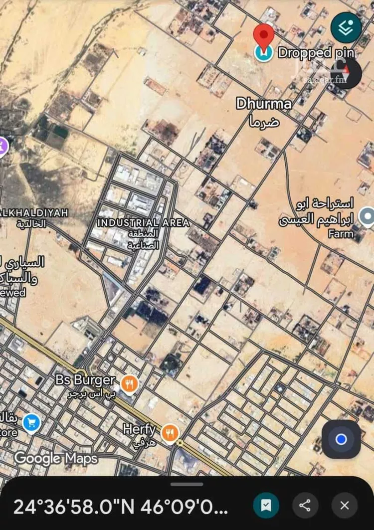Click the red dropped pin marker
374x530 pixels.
pyautogui.click(x=264, y=36)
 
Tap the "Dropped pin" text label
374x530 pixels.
pyautogui.click(x=316, y=53)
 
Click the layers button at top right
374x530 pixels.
pyautogui.click(x=346, y=27)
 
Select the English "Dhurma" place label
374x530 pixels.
pyautogui.click(x=264, y=104)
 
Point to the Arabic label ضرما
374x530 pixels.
pyautogui.click(x=264, y=121)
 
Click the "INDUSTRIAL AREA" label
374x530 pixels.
pyautogui.click(x=143, y=223)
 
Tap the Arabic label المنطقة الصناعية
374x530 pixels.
pyautogui.click(x=143, y=239)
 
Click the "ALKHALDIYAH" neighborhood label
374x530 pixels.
pyautogui.click(x=34, y=212)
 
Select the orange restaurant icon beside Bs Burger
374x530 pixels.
pyautogui.click(x=129, y=384)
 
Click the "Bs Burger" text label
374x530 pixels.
pyautogui.click(x=86, y=380)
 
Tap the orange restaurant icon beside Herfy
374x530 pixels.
pyautogui.click(x=170, y=433)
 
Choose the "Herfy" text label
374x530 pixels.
pyautogui.click(x=140, y=429)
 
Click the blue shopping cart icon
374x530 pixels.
pyautogui.click(x=31, y=423)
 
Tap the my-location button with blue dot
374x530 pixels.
pyautogui.click(x=341, y=439)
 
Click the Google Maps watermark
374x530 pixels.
pyautogui.click(x=56, y=458)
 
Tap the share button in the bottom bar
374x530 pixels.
pyautogui.click(x=305, y=506)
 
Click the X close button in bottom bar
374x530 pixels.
pyautogui.click(x=345, y=506)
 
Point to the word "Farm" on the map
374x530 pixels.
pyautogui.click(x=341, y=233)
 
